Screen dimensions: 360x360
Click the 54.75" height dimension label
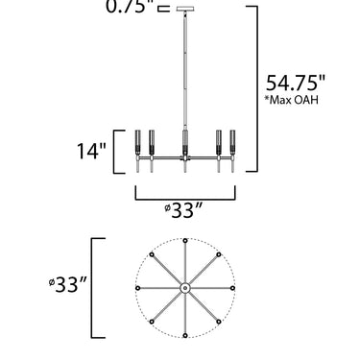tap(295, 84)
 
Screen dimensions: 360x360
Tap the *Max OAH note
tap(291, 100)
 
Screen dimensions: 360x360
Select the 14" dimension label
tap(91, 151)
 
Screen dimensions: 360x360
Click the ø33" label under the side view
tap(184, 210)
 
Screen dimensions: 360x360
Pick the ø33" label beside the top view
tap(68, 284)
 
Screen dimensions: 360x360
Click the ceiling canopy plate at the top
tap(185, 9)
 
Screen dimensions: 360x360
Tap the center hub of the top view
tap(185, 288)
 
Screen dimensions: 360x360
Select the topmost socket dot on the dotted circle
tap(185, 241)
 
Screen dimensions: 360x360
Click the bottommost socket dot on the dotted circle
tap(185, 335)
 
